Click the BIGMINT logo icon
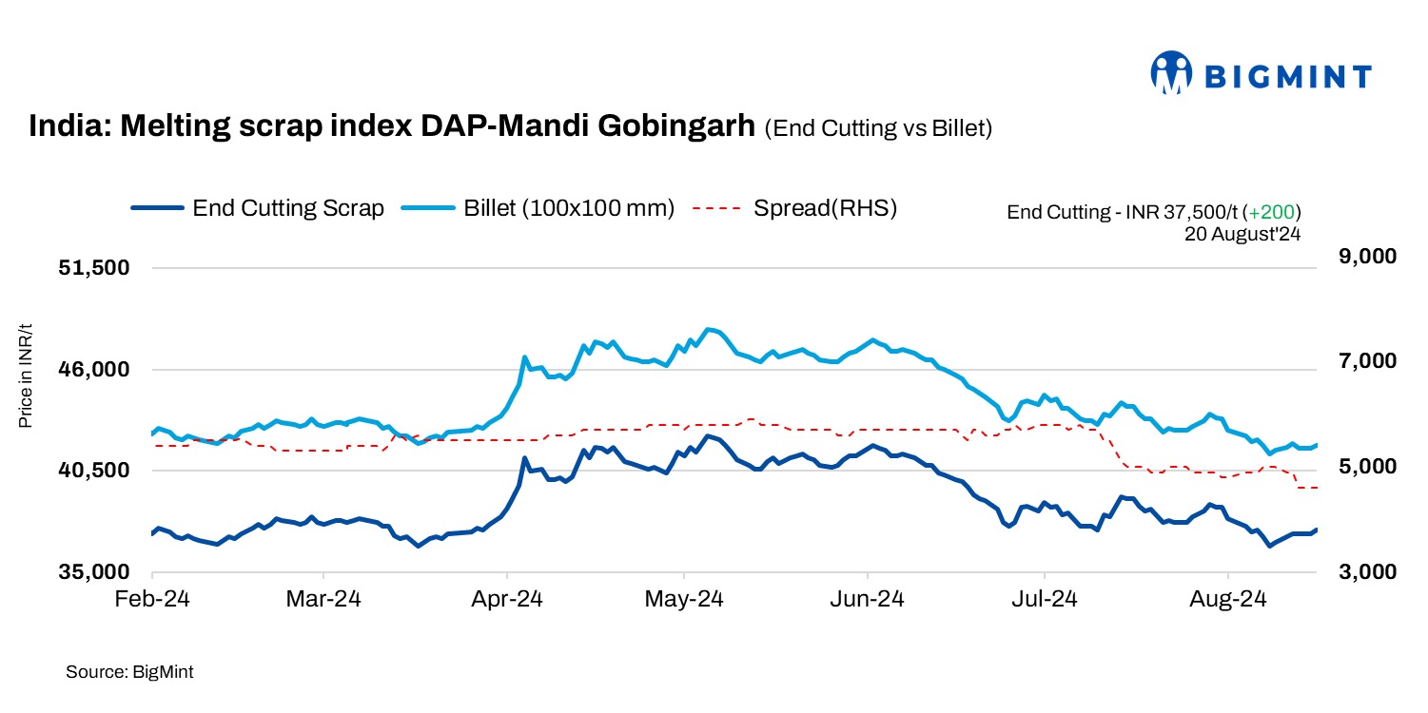[x=1171, y=73]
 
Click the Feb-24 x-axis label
[x=152, y=600]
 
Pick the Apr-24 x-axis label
[x=507, y=600]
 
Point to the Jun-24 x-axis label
[x=868, y=600]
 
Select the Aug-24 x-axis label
[x=1228, y=600]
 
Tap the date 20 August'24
[x=1242, y=232]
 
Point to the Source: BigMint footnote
[x=129, y=672]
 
